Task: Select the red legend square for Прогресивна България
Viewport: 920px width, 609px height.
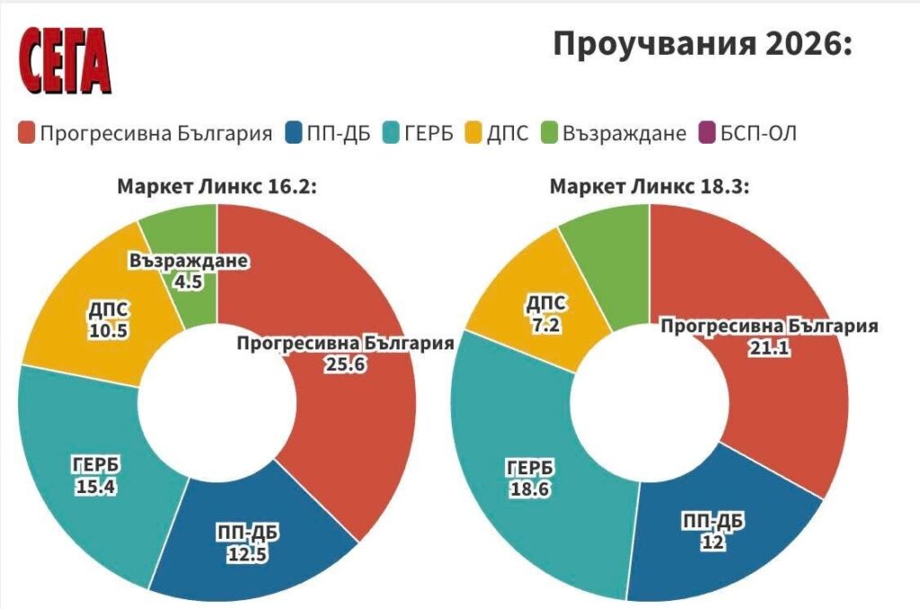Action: [26, 134]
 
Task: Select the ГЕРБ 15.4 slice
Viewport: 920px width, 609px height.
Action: [90, 476]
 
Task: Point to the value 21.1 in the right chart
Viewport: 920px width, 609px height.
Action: [769, 347]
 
